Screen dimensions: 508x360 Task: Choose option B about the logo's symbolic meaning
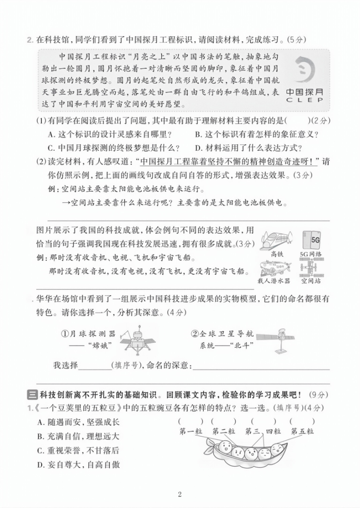[x=256, y=134]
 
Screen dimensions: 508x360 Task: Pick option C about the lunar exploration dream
[x=114, y=148]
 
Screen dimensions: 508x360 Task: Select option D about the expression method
[x=248, y=148]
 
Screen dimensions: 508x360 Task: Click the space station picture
[x=311, y=268]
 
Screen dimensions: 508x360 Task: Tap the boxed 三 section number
[x=30, y=395]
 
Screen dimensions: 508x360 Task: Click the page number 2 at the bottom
[x=180, y=494]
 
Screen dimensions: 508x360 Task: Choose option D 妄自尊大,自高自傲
[x=78, y=464]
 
